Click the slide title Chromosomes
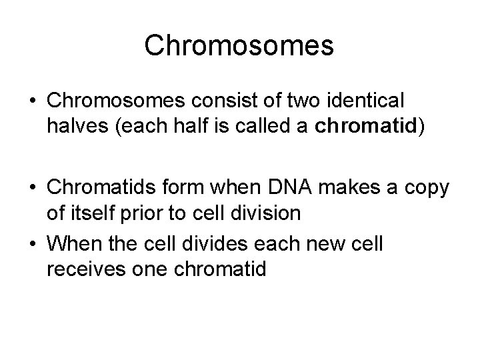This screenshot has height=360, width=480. [x=239, y=46]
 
